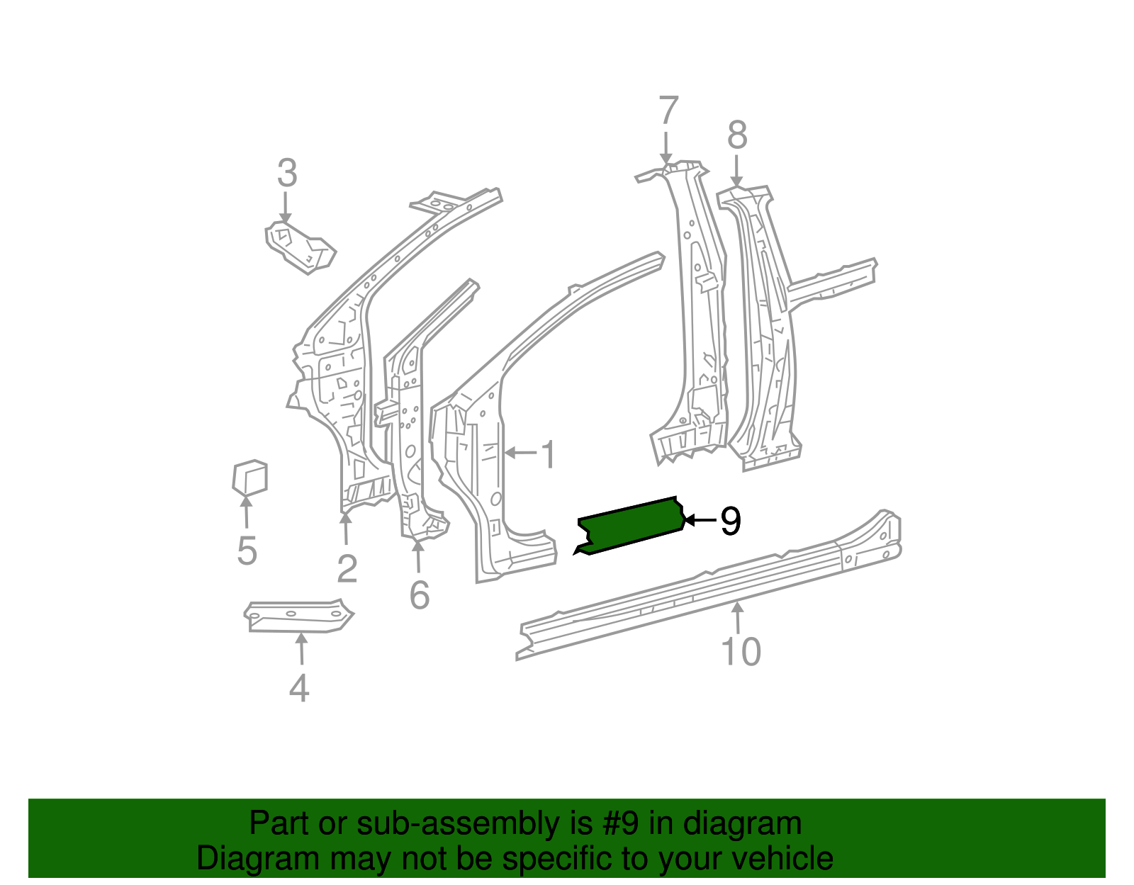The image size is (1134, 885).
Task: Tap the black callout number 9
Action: pyautogui.click(x=730, y=522)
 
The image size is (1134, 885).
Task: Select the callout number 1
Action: pyautogui.click(x=548, y=454)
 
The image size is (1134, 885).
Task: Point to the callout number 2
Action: pyautogui.click(x=347, y=568)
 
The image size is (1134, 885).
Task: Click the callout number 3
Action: pyautogui.click(x=286, y=174)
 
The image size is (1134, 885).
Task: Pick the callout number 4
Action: pyautogui.click(x=299, y=687)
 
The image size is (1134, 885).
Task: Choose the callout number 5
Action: pyautogui.click(x=247, y=551)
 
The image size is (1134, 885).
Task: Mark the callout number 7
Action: pyautogui.click(x=668, y=112)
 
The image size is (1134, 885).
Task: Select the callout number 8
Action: pyautogui.click(x=737, y=135)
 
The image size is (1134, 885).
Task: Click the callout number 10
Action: pyautogui.click(x=741, y=651)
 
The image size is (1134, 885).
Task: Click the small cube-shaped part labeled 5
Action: pyautogui.click(x=249, y=478)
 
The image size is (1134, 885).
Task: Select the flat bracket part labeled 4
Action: pyautogui.click(x=298, y=615)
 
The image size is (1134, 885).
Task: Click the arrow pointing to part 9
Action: pyautogui.click(x=699, y=521)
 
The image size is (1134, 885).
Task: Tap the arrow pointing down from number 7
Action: pyautogui.click(x=666, y=148)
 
